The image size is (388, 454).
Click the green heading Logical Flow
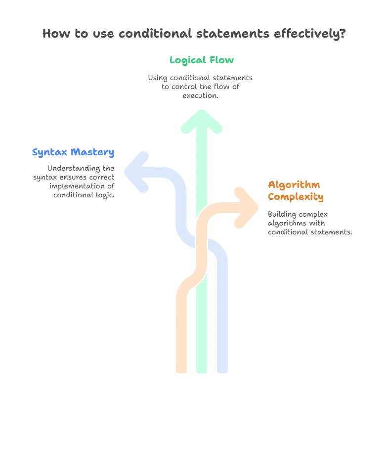tap(201, 61)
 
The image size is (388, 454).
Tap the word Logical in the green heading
tap(188, 61)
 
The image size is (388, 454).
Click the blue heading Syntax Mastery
tap(73, 152)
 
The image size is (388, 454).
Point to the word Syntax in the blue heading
tap(49, 152)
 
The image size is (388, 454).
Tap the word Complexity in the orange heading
tap(296, 197)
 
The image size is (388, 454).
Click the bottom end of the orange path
tap(181, 368)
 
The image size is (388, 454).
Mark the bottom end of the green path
tap(201, 368)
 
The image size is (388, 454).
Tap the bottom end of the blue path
tap(222, 368)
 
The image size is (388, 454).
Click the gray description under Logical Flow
tap(200, 85)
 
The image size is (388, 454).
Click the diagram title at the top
tap(193, 34)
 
